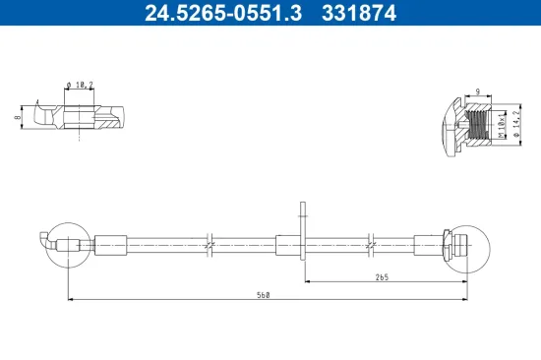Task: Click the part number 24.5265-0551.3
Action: coord(212,13)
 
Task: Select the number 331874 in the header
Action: coord(360,13)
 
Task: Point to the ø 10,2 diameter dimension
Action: coord(82,86)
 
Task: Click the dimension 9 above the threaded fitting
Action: coord(476,91)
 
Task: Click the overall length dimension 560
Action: coord(263,294)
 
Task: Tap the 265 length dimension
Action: coord(382,278)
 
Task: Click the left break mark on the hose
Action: coord(210,243)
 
